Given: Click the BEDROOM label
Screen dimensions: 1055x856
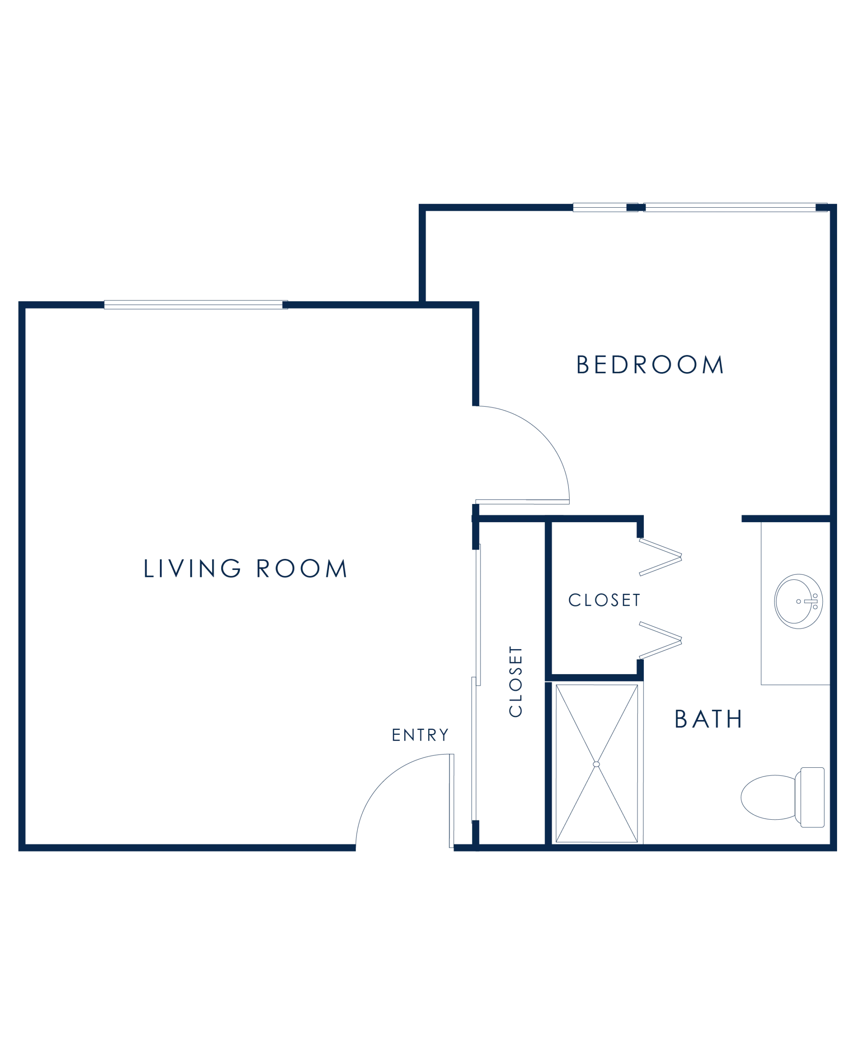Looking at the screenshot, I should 650,365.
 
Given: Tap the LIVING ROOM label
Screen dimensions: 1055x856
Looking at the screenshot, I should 245,568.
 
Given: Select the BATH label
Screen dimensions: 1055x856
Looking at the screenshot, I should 707,719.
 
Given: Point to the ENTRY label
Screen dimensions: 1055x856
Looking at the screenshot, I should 420,736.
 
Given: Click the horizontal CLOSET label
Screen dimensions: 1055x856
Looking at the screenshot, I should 604,600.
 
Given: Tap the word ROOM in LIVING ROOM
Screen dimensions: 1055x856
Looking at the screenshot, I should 302,568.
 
